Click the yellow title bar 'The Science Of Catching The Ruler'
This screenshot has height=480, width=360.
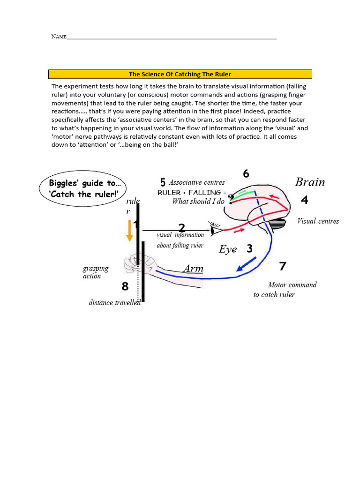180,74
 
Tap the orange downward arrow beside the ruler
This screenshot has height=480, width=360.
129,231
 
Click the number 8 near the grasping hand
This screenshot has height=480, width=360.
125,286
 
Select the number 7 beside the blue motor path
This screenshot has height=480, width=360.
282,266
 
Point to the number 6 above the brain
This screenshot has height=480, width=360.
246,173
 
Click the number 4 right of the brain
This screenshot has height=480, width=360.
305,200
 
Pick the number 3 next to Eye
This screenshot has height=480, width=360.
249,248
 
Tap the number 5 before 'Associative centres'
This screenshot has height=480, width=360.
163,182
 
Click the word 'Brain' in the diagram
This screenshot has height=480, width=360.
310,182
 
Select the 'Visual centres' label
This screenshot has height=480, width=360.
318,221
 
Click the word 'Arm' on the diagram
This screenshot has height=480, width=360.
193,268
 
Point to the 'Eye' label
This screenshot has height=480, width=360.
228,249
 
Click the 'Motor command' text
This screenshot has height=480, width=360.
292,285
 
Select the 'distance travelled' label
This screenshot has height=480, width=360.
115,303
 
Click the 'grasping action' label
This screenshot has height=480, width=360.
95,272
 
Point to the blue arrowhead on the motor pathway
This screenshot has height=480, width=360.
242,268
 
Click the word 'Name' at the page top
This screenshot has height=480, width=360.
59,37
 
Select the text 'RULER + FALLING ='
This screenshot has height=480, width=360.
192,193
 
